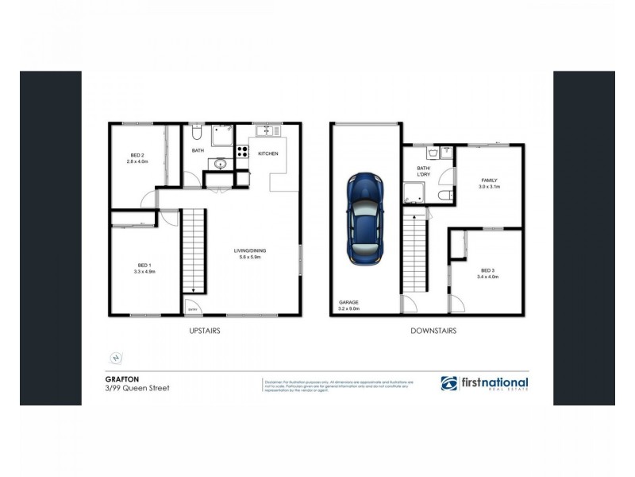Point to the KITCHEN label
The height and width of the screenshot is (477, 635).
tap(267, 153)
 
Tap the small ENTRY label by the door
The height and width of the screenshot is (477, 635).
tap(193, 310)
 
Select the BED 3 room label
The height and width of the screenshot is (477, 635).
tap(487, 273)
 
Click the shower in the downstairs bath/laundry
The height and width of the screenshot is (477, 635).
tap(413, 192)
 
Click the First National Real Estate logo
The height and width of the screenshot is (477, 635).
tap(485, 383)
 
